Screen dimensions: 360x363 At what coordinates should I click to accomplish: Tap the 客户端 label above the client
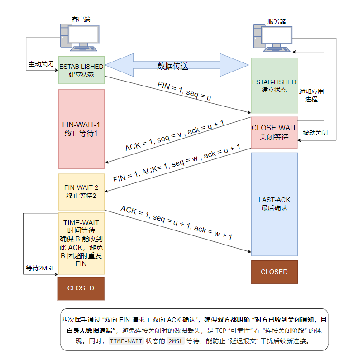pyautogui.click(x=81, y=19)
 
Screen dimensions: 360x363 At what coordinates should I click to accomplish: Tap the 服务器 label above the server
pyautogui.click(x=277, y=21)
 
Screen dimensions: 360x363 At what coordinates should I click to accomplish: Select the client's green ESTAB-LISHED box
pyautogui.click(x=81, y=70)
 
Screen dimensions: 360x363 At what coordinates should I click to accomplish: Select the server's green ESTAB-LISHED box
pyautogui.click(x=274, y=86)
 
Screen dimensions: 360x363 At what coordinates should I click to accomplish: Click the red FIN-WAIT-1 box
pyautogui.click(x=81, y=129)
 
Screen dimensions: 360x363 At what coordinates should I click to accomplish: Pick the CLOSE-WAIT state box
pyautogui.click(x=274, y=132)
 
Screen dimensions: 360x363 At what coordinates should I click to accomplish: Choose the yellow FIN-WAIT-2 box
pyautogui.click(x=81, y=192)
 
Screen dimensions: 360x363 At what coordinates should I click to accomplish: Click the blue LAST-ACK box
pyautogui.click(x=274, y=204)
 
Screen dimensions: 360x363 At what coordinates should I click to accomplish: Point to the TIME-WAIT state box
pyautogui.click(x=81, y=243)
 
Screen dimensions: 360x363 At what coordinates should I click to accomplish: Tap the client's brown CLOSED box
pyautogui.click(x=81, y=288)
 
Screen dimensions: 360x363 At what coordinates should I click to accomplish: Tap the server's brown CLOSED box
pyautogui.click(x=274, y=272)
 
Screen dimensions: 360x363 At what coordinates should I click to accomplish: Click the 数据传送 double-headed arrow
pyautogui.click(x=177, y=66)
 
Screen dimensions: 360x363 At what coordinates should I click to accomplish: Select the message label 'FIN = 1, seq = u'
pyautogui.click(x=184, y=91)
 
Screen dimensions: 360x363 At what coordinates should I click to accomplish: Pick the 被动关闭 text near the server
pyautogui.click(x=315, y=133)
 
